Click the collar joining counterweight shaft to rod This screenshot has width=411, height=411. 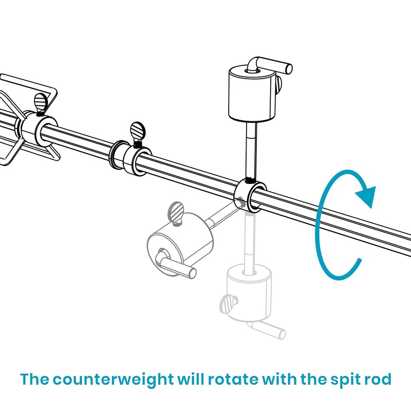click(249, 196)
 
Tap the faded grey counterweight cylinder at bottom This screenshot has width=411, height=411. click(248, 293)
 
